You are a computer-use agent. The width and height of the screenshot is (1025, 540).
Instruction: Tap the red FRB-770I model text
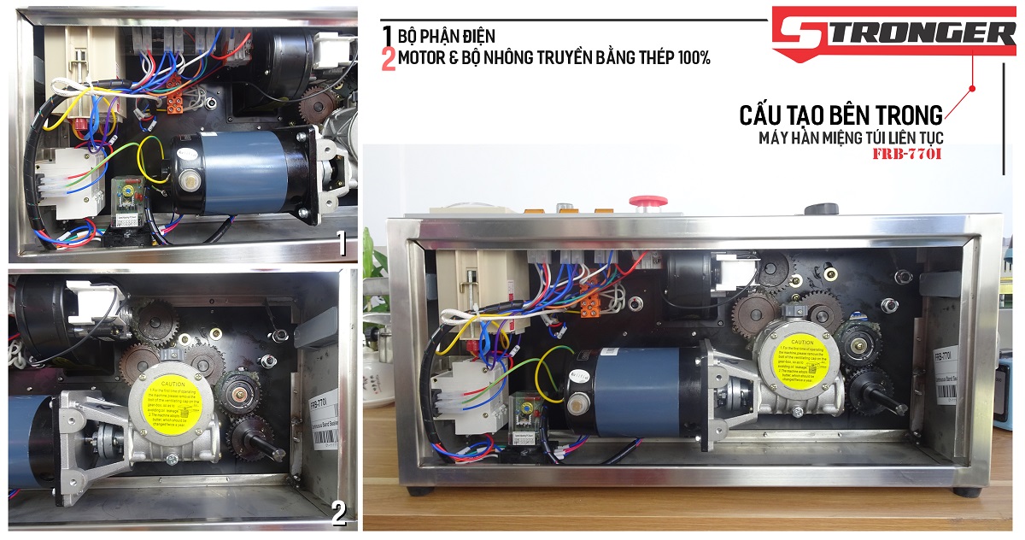[x=909, y=156]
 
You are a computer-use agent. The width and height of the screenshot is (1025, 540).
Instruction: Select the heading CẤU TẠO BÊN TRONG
[x=841, y=114]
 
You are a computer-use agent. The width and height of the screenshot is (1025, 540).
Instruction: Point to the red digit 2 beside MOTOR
[x=389, y=59]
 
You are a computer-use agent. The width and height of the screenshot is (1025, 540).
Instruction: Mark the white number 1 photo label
[x=342, y=244]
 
